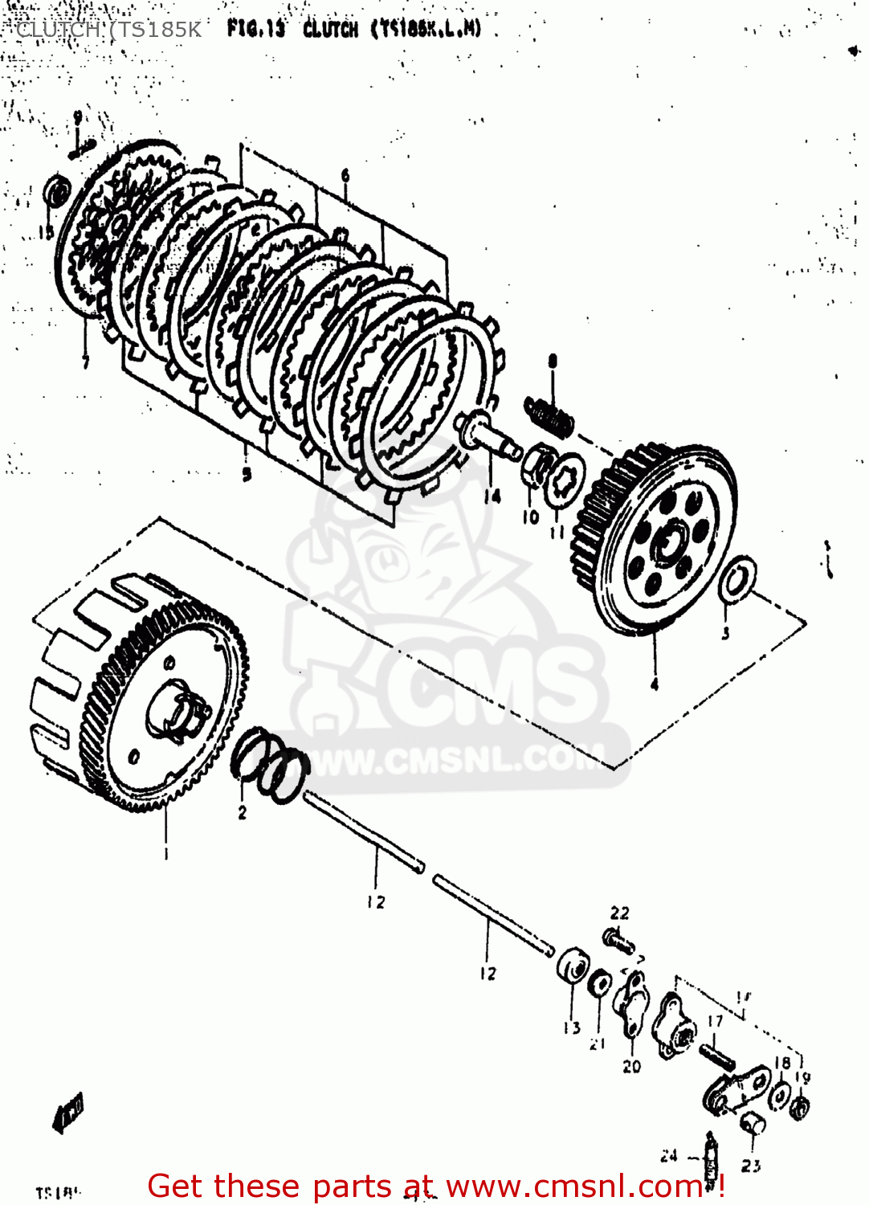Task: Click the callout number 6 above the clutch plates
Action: (345, 176)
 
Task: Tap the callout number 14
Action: (492, 496)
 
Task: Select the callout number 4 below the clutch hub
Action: (655, 684)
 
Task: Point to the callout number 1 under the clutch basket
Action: (166, 853)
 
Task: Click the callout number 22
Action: (619, 913)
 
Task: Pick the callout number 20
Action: (632, 1066)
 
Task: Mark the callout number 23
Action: (751, 1165)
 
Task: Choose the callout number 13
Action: (571, 1027)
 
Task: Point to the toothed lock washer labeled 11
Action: (566, 480)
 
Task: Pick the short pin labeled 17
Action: (717, 1055)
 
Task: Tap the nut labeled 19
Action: (800, 1107)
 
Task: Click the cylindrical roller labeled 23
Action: (752, 1124)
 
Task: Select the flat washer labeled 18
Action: (779, 1096)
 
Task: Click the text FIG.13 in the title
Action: (255, 30)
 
